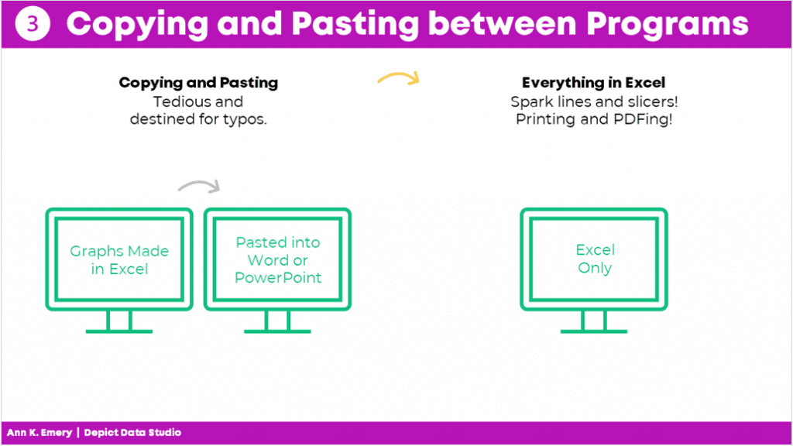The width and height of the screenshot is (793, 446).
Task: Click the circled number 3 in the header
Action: click(x=33, y=24)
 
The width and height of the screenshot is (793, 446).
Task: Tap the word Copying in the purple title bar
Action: click(x=137, y=24)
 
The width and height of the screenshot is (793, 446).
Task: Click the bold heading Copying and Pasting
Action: click(x=198, y=82)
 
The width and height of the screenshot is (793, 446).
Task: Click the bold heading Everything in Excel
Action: click(x=594, y=82)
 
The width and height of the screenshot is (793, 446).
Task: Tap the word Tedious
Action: click(x=177, y=101)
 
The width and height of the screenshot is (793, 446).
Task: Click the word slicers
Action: click(x=653, y=101)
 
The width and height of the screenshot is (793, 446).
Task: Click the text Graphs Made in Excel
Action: click(x=119, y=260)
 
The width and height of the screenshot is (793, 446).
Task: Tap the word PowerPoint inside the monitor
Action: click(x=278, y=278)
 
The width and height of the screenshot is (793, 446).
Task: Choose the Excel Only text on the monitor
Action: click(x=596, y=259)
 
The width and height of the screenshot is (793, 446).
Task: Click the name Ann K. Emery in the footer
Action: click(x=39, y=433)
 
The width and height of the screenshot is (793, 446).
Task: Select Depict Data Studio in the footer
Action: click(x=132, y=433)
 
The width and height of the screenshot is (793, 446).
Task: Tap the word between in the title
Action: click(x=502, y=24)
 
